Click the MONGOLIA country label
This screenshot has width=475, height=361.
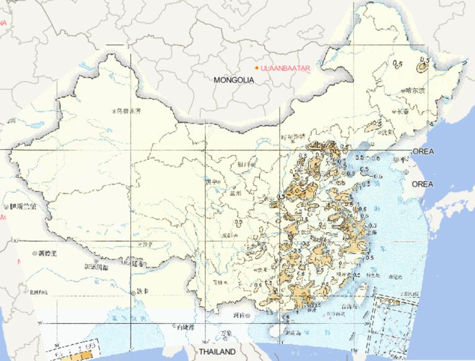234,80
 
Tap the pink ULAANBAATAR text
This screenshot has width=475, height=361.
285,67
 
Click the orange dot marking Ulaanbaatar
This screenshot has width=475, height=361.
257,67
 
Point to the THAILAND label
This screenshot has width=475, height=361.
216,352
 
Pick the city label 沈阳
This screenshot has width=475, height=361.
386,132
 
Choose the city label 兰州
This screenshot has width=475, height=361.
237,193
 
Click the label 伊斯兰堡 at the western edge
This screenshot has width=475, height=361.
22,206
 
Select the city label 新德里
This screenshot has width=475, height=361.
46,253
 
